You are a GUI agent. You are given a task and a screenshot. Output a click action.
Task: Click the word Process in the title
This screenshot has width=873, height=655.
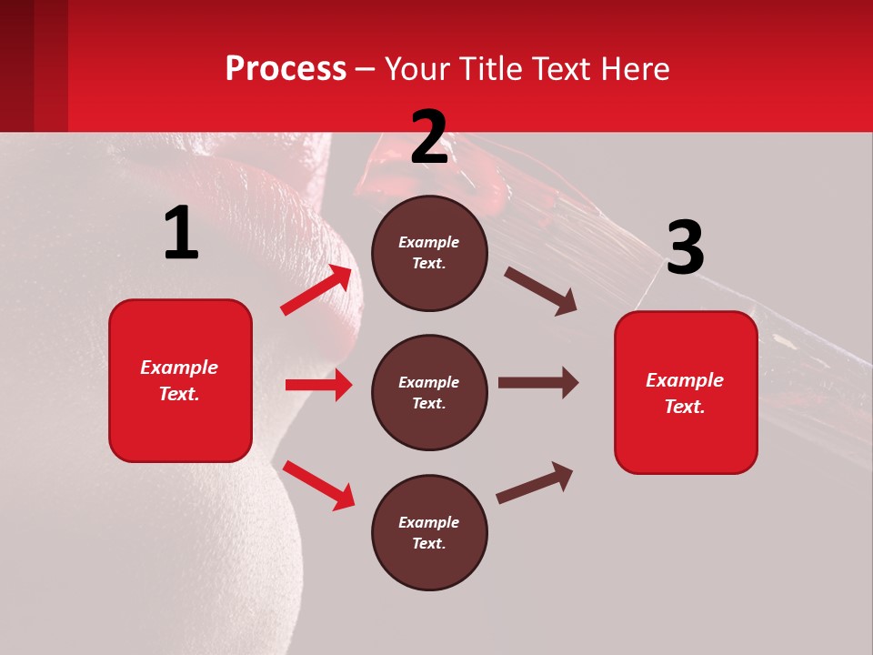286,69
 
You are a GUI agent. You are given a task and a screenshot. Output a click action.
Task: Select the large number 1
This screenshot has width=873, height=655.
181,235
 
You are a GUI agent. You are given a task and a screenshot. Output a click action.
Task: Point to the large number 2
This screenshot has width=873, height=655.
429,137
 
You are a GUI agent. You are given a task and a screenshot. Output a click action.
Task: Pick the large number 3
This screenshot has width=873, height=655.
685,248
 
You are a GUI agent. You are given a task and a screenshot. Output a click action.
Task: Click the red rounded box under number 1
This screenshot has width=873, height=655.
180,380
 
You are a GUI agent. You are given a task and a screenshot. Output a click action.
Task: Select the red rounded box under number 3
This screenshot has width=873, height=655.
686,392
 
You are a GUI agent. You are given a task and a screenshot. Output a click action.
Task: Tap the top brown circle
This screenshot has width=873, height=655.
429,253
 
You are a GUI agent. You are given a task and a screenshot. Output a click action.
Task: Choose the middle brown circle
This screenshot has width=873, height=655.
429,392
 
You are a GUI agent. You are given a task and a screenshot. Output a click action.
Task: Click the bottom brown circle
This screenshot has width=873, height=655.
429,532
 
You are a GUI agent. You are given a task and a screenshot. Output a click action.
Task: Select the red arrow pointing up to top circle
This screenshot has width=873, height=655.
316,290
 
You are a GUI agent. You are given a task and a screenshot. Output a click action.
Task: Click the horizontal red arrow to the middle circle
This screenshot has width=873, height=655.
318,385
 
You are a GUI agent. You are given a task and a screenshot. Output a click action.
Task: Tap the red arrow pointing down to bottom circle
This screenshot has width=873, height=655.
318,484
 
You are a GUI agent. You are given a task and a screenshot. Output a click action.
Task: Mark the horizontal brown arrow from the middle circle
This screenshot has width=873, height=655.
537,383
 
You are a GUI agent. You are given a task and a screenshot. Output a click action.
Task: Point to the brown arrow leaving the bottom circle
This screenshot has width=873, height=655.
535,483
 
